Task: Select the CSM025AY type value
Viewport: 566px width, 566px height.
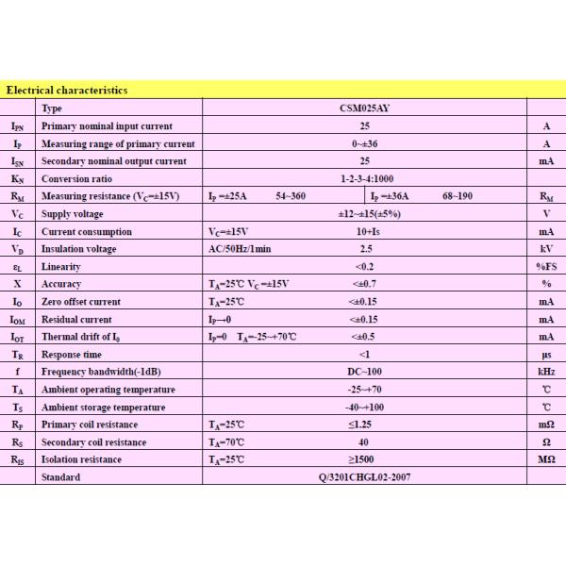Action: [364, 108]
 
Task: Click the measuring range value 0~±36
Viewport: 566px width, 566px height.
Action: [364, 143]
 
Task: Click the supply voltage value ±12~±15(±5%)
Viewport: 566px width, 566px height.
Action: [364, 213]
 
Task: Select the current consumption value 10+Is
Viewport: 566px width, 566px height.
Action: [364, 231]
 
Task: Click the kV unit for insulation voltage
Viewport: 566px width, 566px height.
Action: [545, 249]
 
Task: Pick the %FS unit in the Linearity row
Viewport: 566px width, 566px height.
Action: [545, 267]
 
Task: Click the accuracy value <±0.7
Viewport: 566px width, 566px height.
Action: [364, 284]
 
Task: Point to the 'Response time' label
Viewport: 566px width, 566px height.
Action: [72, 354]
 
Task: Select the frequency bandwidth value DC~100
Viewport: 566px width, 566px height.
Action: [364, 372]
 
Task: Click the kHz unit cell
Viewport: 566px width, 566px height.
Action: [545, 372]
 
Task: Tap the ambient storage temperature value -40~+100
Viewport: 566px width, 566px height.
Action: [364, 407]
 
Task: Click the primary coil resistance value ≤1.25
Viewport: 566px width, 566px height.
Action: [364, 424]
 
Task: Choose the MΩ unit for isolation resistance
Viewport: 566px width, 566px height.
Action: [545, 459]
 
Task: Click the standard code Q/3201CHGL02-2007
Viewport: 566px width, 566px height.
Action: [364, 477]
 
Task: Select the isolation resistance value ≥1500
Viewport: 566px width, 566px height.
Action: [364, 459]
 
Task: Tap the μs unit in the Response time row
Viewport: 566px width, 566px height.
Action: [545, 354]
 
